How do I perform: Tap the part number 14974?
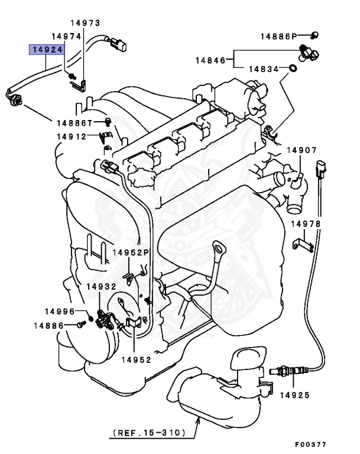coord(64,36)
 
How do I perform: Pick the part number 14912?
coord(72,137)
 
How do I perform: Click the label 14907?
coord(303,150)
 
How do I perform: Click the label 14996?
coord(60,311)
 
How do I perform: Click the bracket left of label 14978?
coord(301,243)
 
